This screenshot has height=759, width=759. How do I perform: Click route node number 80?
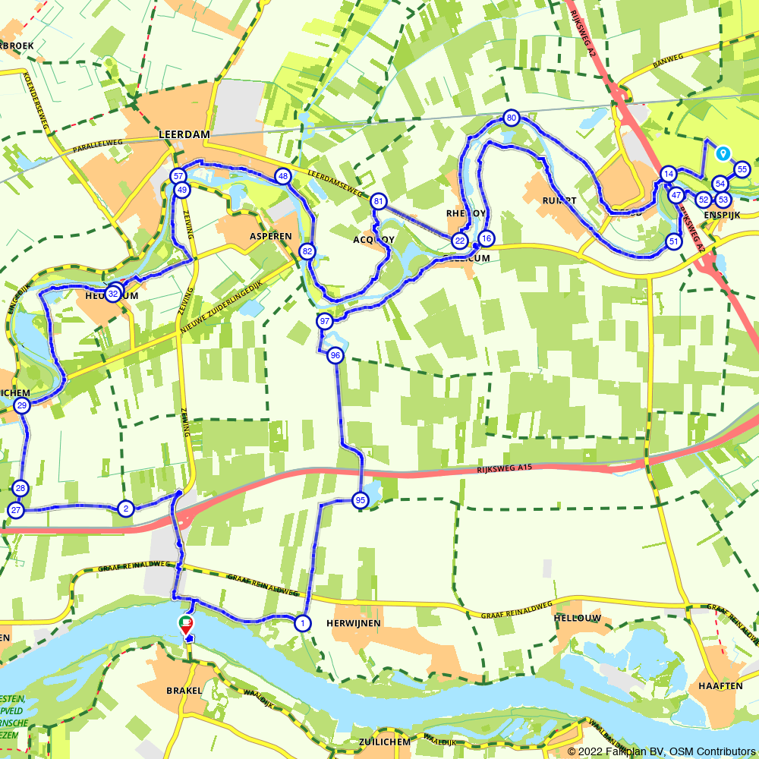(x=511, y=118)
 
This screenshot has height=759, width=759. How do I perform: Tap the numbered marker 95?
(x=360, y=499)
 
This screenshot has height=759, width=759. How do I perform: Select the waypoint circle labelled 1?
(x=303, y=623)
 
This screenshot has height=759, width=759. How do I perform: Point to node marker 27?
(x=15, y=510)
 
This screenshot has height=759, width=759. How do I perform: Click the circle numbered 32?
(x=113, y=294)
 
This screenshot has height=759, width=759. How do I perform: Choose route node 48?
(x=283, y=177)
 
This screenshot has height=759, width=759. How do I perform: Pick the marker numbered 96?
(x=335, y=355)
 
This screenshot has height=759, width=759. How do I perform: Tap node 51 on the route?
(x=673, y=241)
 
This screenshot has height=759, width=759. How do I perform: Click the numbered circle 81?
(x=379, y=202)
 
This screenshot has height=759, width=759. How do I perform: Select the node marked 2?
(x=126, y=509)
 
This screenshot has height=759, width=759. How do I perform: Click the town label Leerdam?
(x=183, y=134)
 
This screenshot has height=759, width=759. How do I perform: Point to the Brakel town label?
(x=184, y=691)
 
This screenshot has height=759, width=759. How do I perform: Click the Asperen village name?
(x=271, y=236)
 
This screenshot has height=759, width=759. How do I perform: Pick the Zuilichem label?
(x=385, y=742)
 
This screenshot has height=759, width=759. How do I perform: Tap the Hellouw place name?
(x=578, y=619)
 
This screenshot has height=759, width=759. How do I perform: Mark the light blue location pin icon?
(x=723, y=153)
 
